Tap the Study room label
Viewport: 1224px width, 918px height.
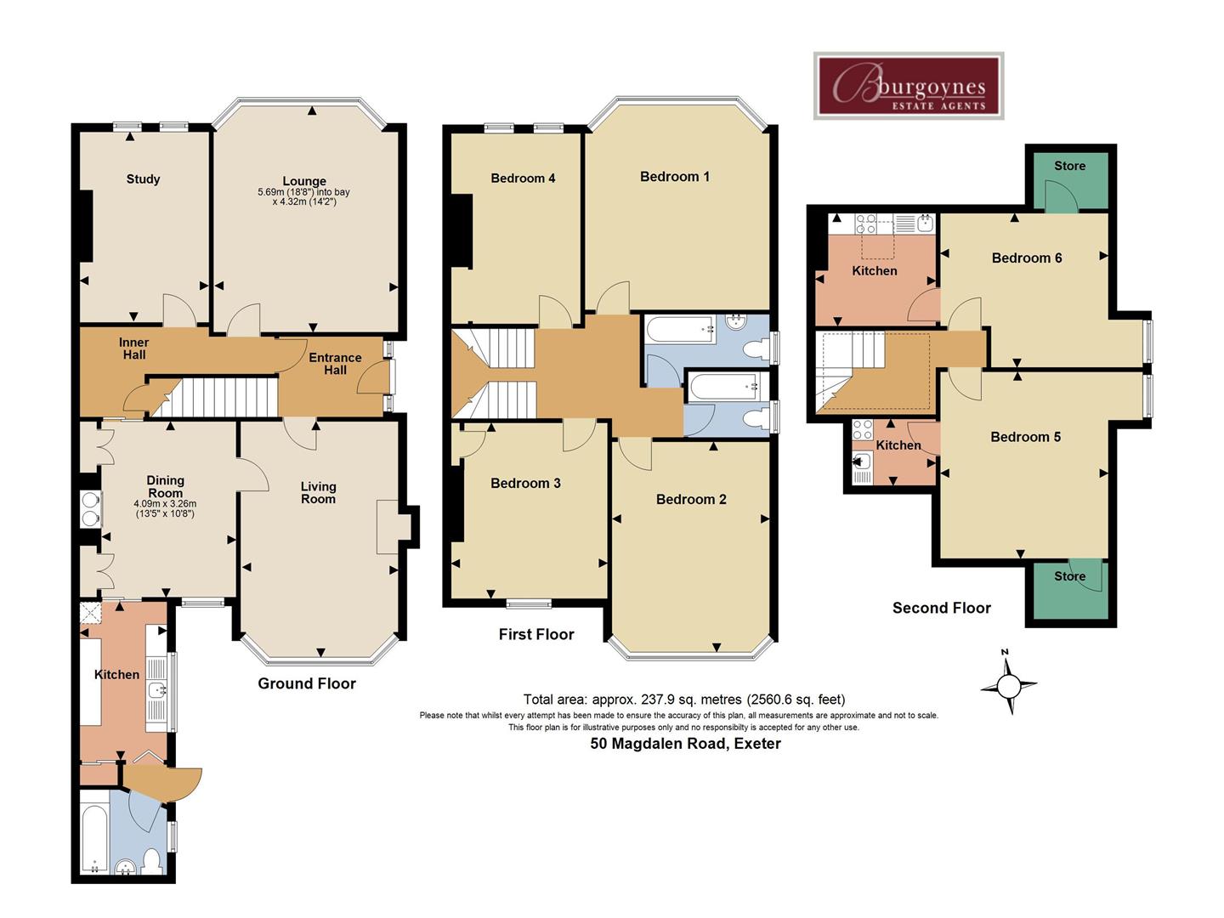coord(144,178)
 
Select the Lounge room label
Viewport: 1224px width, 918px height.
coord(304,181)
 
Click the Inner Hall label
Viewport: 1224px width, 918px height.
coord(133,348)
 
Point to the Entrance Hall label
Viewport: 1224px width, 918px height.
coord(335,364)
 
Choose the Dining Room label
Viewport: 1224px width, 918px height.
coord(165,486)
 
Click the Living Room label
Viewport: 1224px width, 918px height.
coord(319,493)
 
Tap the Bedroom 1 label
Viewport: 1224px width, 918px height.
coord(675,177)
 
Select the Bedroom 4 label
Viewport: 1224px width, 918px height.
coord(523,178)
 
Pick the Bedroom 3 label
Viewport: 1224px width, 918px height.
coord(526,484)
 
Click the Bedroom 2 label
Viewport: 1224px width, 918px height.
coord(691,500)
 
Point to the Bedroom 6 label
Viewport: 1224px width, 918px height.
coord(1027,258)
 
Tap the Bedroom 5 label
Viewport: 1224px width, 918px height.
coord(1026,437)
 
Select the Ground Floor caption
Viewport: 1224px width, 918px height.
coord(307,684)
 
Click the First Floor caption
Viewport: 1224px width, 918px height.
coord(536,634)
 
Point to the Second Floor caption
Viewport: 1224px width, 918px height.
coord(942,608)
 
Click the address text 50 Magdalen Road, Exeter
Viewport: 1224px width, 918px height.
coord(686,744)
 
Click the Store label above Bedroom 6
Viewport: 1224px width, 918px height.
coord(1070,166)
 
